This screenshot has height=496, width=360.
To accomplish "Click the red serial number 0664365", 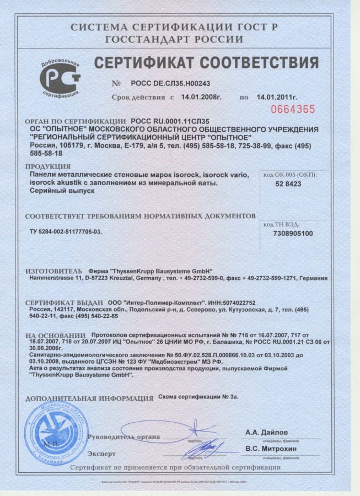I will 296,109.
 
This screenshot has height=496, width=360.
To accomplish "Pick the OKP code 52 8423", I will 288,184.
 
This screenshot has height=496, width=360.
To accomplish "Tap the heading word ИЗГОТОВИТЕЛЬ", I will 53,271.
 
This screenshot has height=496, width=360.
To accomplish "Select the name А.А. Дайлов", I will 266,433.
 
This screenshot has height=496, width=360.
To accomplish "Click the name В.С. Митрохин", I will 271,449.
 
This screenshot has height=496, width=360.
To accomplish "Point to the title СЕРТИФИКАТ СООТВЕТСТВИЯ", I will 206,62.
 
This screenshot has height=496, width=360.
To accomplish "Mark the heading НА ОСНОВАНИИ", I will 55,335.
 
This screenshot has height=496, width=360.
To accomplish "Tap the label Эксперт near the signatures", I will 101,454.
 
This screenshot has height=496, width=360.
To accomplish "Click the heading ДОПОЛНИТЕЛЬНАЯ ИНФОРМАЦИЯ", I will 89,397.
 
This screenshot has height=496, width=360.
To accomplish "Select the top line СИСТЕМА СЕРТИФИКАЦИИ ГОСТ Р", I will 174,26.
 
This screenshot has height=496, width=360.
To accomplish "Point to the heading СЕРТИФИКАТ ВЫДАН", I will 64,303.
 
